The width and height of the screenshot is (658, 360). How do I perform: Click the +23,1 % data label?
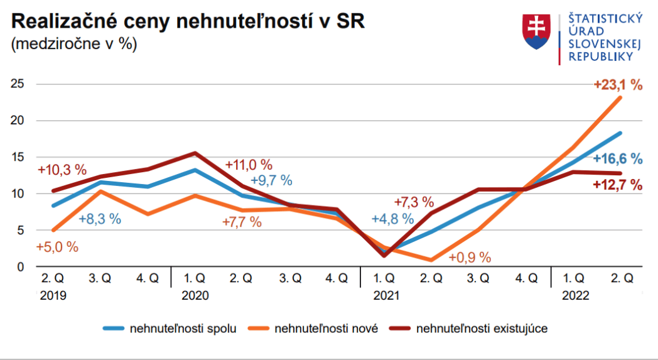[618, 85]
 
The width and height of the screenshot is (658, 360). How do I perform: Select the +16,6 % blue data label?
[618, 158]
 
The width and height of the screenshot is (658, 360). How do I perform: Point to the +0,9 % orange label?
[469, 257]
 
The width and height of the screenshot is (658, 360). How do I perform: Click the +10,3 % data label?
[62, 170]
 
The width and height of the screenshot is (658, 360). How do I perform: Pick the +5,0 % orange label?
[57, 247]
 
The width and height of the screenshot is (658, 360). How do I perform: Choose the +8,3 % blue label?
[100, 219]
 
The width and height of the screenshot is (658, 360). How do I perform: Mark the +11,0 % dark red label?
[248, 165]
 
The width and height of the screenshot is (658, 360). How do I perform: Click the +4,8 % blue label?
[392, 219]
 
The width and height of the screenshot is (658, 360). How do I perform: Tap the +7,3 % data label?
[414, 202]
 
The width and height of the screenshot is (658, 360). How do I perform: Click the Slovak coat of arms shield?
[536, 32]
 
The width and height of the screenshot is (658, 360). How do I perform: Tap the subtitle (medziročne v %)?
[73, 45]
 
